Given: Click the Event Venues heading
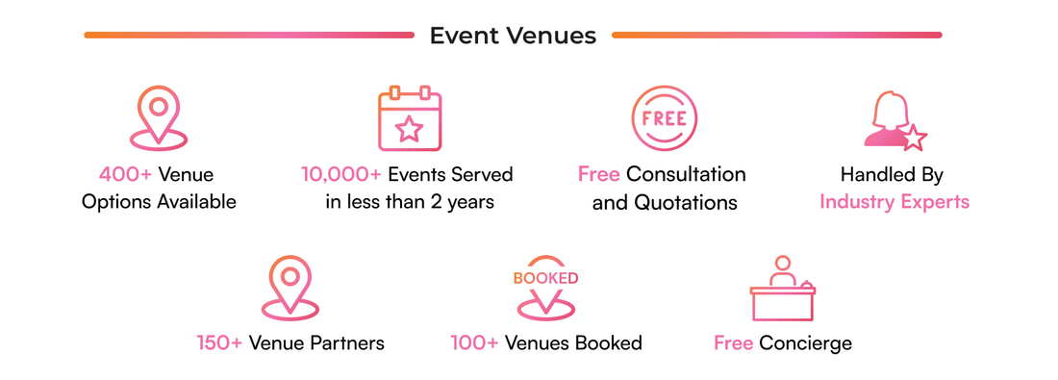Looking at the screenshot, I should [513, 36].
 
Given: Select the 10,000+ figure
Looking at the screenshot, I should [342, 175].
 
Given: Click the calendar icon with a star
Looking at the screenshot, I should [409, 119].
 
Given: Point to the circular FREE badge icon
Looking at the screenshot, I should [664, 119].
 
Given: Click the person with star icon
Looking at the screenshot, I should [894, 121].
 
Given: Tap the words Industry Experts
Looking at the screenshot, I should [894, 202].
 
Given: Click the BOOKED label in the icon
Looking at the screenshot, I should [545, 278].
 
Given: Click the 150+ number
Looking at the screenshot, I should [219, 343].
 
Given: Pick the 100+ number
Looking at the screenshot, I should [472, 343].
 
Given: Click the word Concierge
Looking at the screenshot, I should [805, 343].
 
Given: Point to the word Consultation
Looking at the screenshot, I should [685, 175].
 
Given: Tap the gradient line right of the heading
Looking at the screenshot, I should [776, 36].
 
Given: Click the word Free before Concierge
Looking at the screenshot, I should [733, 343].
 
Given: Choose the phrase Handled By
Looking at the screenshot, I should [892, 175].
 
